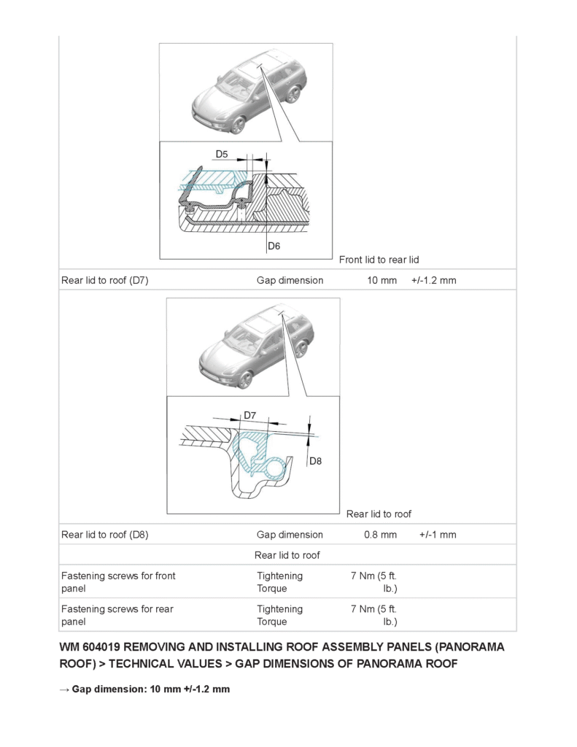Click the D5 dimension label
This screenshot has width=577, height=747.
click(x=222, y=154)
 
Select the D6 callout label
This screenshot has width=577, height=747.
click(x=274, y=246)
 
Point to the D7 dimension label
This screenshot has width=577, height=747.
click(x=249, y=415)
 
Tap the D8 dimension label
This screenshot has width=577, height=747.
click(x=315, y=460)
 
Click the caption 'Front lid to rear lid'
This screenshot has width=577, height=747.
click(x=379, y=260)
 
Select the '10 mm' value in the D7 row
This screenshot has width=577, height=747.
click(x=382, y=280)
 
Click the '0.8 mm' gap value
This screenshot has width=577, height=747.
click(x=380, y=535)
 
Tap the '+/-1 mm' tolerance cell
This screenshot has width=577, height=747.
click(x=437, y=535)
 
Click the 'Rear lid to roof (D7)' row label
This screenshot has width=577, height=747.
click(x=105, y=280)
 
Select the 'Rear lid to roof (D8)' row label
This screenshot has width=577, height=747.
click(x=105, y=535)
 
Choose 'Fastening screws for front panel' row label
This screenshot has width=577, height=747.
click(x=118, y=582)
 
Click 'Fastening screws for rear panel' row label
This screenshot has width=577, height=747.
click(x=117, y=615)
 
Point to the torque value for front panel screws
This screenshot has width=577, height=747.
click(x=374, y=582)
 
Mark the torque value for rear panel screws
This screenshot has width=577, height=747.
click(x=374, y=615)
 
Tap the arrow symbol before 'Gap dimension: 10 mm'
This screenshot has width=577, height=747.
click(x=64, y=689)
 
